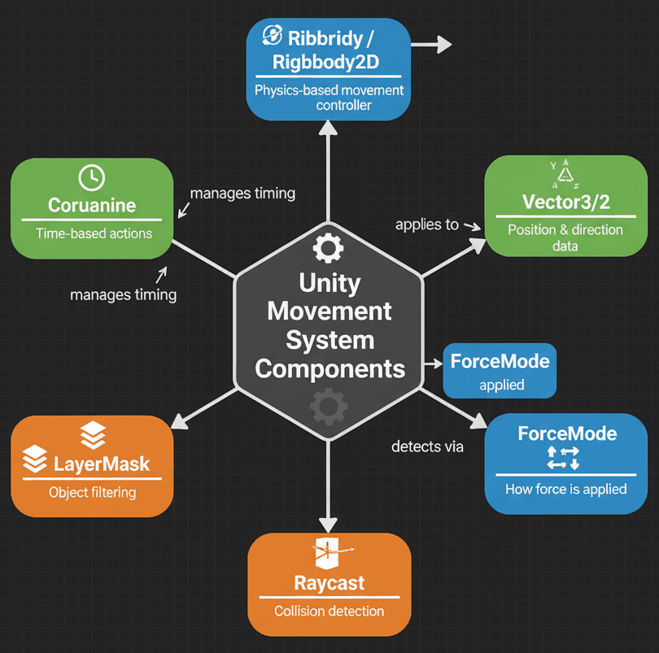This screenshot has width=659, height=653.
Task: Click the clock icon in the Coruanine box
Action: click(x=91, y=177)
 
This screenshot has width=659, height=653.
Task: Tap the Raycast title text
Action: click(x=329, y=583)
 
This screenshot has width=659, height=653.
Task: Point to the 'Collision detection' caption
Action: click(x=329, y=612)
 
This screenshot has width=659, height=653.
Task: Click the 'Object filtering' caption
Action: click(x=92, y=492)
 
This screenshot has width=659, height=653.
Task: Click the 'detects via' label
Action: click(x=427, y=446)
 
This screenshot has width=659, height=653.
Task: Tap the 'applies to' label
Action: click(x=427, y=224)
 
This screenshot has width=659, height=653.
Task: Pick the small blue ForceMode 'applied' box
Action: click(x=500, y=371)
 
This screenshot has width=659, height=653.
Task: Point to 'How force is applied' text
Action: click(x=565, y=489)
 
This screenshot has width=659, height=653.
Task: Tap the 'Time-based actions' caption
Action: click(x=94, y=233)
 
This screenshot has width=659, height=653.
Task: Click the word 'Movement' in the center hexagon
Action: click(x=329, y=311)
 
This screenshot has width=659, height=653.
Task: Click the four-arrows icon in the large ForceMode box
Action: click(x=563, y=457)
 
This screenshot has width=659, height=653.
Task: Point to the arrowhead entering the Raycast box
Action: click(x=329, y=522)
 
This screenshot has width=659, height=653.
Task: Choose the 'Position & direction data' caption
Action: click(x=565, y=237)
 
